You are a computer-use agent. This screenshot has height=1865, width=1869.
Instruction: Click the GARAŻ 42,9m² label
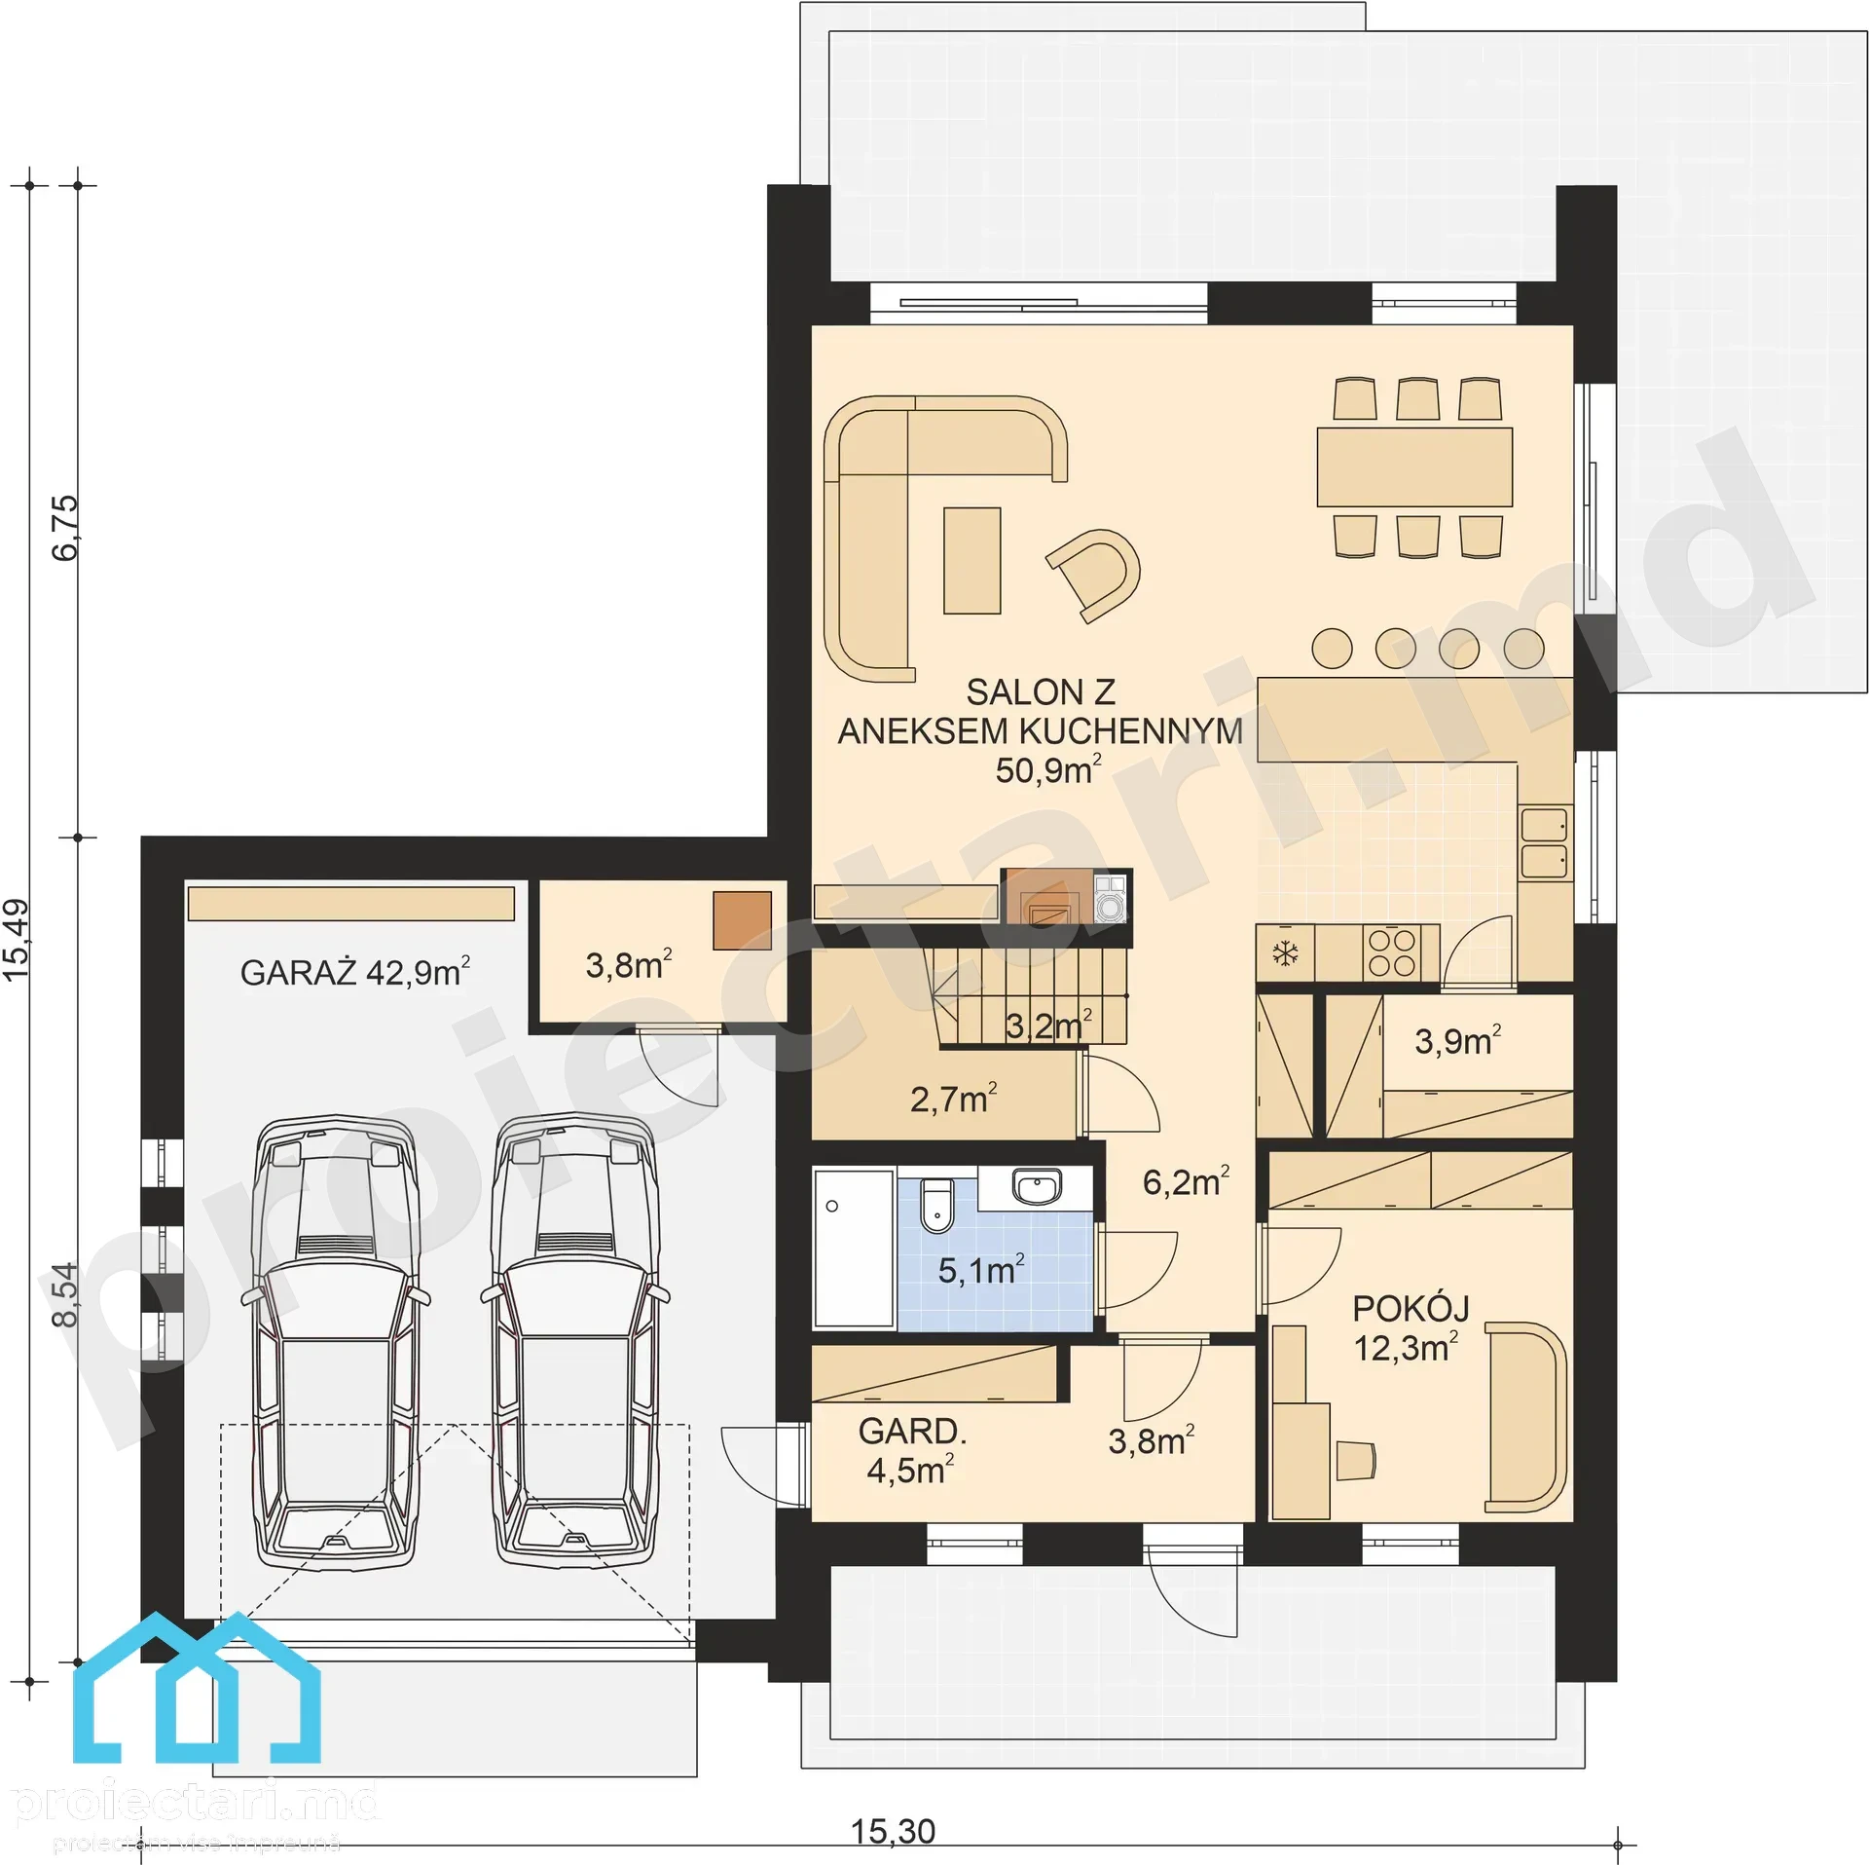[x=355, y=972]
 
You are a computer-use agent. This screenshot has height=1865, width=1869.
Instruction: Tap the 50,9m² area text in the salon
[x=1048, y=769]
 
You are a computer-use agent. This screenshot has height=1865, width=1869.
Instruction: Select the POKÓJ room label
[x=1411, y=1309]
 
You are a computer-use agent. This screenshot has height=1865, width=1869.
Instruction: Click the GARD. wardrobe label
[x=912, y=1431]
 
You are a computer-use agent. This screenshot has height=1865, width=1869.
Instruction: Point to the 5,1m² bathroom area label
[x=981, y=1270]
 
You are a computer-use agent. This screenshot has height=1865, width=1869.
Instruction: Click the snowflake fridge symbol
[x=1286, y=953]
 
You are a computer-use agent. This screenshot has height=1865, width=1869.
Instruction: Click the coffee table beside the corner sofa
[x=971, y=560]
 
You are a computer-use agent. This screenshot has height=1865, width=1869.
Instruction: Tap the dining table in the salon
[x=1414, y=466]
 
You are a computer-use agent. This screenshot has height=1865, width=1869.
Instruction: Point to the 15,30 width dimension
[x=893, y=1831]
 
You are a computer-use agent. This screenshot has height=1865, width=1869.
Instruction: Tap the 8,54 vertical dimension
[x=64, y=1294]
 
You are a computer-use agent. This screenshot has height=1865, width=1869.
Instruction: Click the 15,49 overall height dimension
[x=16, y=939]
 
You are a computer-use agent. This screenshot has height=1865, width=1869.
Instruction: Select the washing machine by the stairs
[x=1111, y=897]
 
